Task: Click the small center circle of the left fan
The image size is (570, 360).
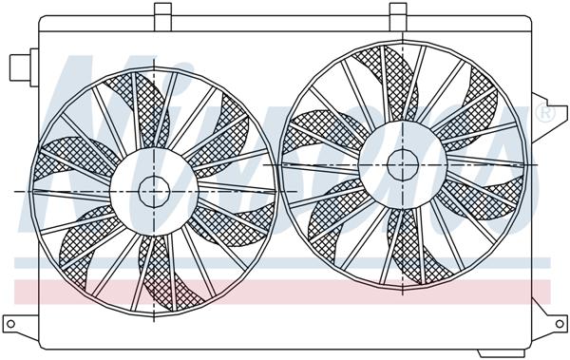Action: (x=153, y=191)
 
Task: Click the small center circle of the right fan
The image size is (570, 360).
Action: (x=402, y=163)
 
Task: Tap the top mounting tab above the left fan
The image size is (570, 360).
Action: (x=162, y=12)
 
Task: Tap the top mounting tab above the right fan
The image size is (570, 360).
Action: (x=400, y=11)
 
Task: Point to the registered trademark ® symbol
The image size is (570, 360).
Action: (x=546, y=115)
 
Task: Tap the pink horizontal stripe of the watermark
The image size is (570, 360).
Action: (x=285, y=292)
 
